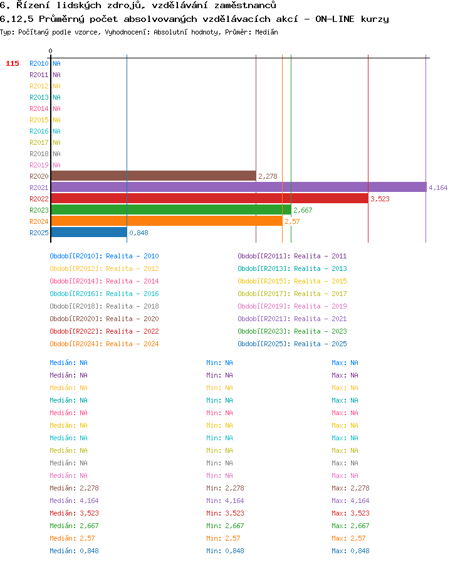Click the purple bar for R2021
(239, 187)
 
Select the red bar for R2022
(209, 199)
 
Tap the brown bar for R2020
(154, 176)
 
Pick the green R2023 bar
(171, 209)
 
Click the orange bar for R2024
(167, 221)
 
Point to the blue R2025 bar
(89, 232)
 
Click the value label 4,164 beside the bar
(438, 188)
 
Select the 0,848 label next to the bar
(138, 233)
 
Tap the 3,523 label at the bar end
(380, 199)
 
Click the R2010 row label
(39, 63)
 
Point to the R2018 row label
(39, 154)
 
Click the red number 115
(12, 63)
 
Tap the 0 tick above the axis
(51, 51)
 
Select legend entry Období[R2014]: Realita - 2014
(104, 281)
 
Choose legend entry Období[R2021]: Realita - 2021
(292, 319)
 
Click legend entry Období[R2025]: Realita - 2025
(292, 344)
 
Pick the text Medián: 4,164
(74, 501)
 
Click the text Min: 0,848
(225, 551)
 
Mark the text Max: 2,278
(350, 488)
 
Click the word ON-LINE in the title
(335, 19)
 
